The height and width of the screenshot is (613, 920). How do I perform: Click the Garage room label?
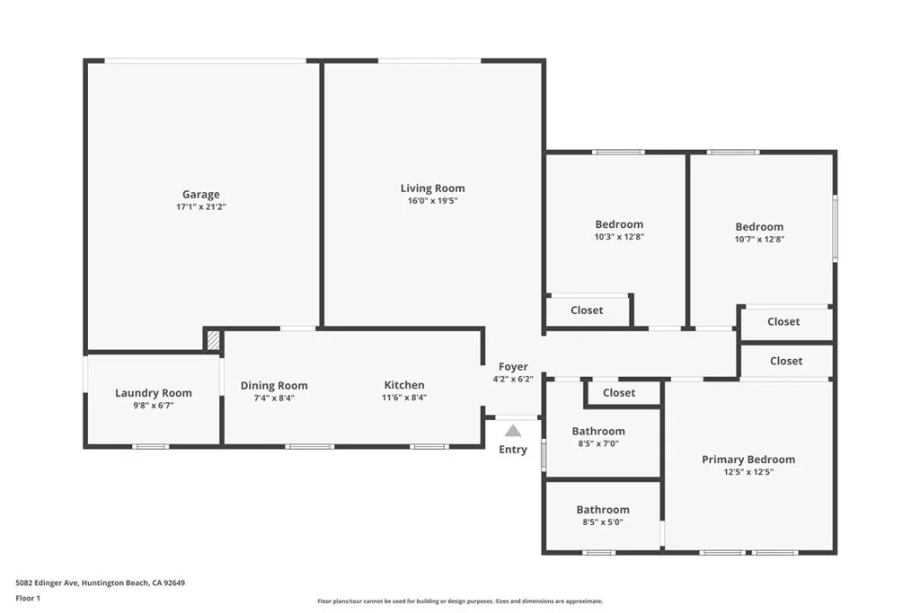pyautogui.click(x=200, y=194)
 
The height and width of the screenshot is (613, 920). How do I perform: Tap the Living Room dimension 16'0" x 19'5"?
pyautogui.click(x=432, y=201)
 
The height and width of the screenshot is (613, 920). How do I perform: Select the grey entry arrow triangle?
pyautogui.click(x=513, y=431)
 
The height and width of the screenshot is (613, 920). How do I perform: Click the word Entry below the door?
pyautogui.click(x=513, y=450)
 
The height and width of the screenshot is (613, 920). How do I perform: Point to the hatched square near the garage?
pyautogui.click(x=214, y=340)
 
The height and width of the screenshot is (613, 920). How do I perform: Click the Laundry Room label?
pyautogui.click(x=154, y=393)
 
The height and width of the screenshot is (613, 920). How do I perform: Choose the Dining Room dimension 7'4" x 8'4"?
pyautogui.click(x=274, y=398)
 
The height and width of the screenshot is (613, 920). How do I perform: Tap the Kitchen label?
pyautogui.click(x=404, y=385)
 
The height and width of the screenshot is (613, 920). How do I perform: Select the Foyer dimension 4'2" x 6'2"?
pyautogui.click(x=514, y=379)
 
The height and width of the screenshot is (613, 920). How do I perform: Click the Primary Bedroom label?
pyautogui.click(x=748, y=460)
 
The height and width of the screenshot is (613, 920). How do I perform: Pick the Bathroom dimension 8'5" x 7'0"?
pyautogui.click(x=598, y=443)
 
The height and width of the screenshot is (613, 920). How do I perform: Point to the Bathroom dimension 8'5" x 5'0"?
pyautogui.click(x=603, y=521)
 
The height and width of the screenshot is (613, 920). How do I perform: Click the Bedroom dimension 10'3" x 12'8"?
pyautogui.click(x=619, y=237)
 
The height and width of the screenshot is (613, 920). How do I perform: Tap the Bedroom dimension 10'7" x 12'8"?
pyautogui.click(x=759, y=240)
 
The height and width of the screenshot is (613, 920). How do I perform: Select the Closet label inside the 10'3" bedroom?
pyautogui.click(x=587, y=311)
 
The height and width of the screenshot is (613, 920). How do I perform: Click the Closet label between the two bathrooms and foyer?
pyautogui.click(x=619, y=393)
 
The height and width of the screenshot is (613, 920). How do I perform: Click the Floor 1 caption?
pyautogui.click(x=29, y=598)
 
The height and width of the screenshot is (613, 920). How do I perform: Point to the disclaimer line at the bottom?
pyautogui.click(x=459, y=601)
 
